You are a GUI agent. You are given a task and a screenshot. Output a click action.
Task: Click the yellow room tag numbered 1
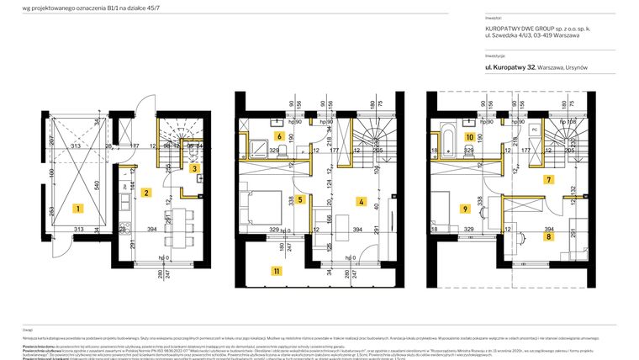point(77,207)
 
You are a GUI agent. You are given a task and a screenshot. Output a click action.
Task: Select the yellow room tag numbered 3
point(194,168)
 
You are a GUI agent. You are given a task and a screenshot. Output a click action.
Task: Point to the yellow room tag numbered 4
point(361,201)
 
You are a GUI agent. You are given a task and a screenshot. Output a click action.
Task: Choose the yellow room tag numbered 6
point(278,135)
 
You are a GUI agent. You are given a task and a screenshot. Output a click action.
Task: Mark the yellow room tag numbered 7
point(548,179)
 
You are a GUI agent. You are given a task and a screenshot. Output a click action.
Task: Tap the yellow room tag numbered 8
point(548,237)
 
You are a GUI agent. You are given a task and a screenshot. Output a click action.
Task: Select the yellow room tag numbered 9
point(463,208)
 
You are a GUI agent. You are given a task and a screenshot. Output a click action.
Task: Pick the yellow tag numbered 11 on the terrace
point(276,271)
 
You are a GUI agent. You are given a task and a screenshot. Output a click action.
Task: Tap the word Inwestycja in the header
point(495,55)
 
